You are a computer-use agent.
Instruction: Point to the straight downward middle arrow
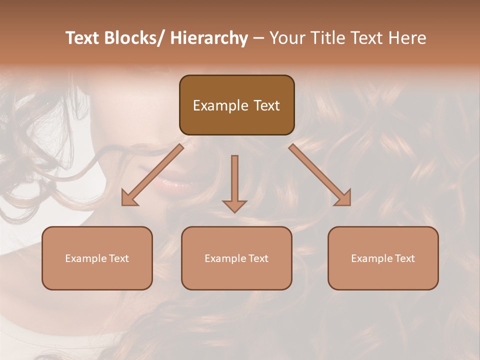pyautogui.click(x=234, y=182)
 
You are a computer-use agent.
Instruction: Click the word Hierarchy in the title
pyautogui.click(x=209, y=38)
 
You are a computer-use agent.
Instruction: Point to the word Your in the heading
pyautogui.click(x=286, y=38)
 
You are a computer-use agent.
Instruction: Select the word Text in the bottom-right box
pyautogui.click(x=404, y=258)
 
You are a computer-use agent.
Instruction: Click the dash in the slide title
pyautogui.click(x=258, y=38)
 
